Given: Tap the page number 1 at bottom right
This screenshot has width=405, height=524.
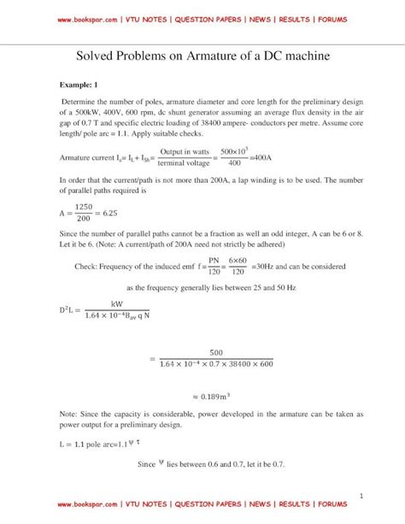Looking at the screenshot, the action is (x=362, y=496).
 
